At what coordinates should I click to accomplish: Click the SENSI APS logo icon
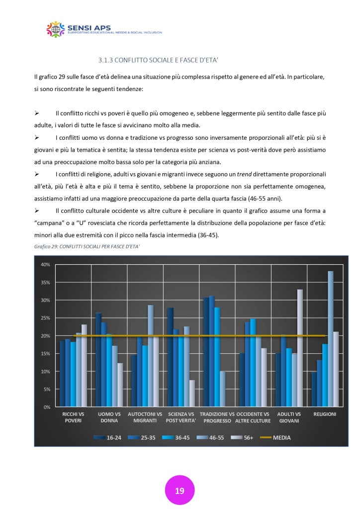[x=56, y=29]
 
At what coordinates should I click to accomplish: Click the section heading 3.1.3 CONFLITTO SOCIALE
[x=159, y=60]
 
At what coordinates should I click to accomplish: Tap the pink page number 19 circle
[x=180, y=491]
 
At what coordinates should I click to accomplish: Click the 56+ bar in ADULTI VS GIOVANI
[x=300, y=348]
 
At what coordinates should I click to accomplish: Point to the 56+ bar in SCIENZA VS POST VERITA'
[x=192, y=393]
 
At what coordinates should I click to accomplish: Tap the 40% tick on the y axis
[x=45, y=264]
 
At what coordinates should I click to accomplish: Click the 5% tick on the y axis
[x=47, y=389]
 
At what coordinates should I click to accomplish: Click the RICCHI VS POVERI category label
[x=73, y=417]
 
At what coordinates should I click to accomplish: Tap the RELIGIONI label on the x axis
[x=325, y=414]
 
